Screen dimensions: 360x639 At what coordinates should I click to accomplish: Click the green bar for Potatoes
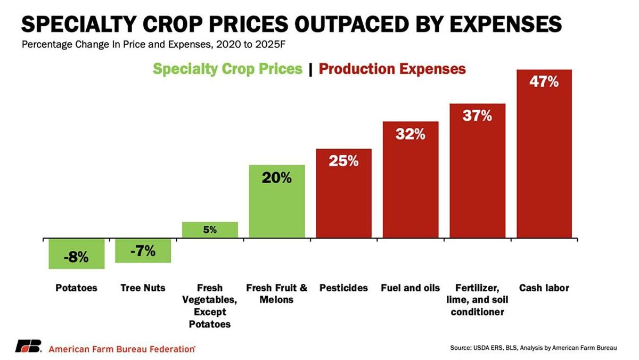[76, 253]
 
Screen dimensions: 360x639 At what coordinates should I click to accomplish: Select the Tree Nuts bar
[143, 250]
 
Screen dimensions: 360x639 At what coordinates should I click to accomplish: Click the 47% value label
[544, 82]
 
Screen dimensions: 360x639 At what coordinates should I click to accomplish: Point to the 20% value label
[276, 178]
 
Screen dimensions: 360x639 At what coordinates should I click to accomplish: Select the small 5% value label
[210, 230]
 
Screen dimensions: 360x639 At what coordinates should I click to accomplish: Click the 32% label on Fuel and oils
[410, 134]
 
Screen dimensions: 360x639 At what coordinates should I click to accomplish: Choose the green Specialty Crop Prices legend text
[227, 69]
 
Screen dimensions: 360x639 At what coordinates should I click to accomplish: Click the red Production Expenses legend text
[392, 69]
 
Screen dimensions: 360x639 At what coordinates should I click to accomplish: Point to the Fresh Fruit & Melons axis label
[276, 293]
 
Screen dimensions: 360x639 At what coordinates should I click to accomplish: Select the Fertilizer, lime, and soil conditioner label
[477, 300]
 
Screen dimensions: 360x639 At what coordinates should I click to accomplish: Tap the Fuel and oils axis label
[410, 288]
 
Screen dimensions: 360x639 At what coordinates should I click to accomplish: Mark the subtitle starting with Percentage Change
[158, 44]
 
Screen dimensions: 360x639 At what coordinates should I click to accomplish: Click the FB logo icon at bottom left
[28, 346]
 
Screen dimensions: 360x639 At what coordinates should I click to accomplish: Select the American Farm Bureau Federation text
[122, 349]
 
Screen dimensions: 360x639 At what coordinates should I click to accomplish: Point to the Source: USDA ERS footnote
[533, 348]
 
